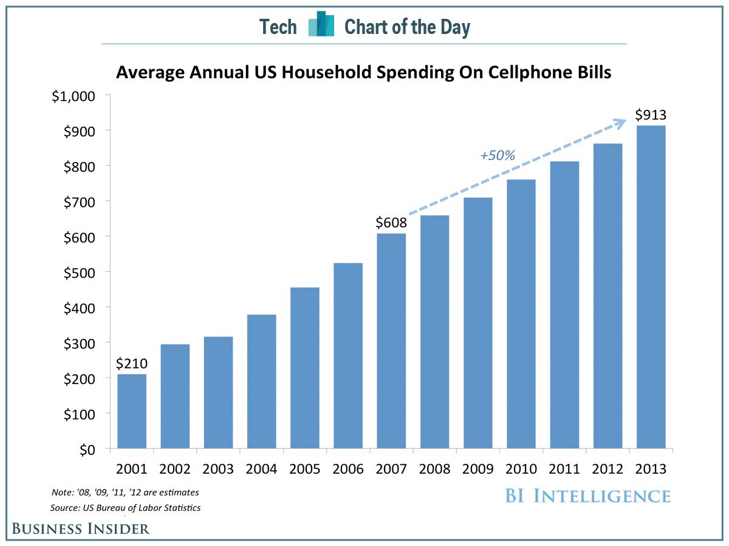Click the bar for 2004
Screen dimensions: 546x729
[261, 382]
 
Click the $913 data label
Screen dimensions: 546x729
[651, 115]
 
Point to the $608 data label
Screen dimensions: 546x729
[391, 223]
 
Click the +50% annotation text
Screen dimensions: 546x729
[498, 155]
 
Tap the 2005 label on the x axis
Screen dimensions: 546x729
[305, 469]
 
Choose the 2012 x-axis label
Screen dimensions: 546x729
[607, 469]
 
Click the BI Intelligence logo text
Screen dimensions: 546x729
[587, 496]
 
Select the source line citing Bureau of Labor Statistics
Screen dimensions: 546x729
[126, 507]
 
